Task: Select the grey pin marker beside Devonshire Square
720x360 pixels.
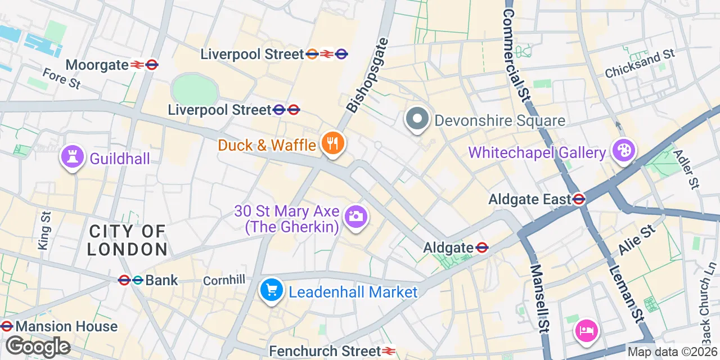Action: click(417, 119)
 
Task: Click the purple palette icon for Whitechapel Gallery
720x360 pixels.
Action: click(624, 151)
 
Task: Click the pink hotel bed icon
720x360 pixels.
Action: click(586, 329)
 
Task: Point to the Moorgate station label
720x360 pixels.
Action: click(97, 65)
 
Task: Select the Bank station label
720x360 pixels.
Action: click(161, 280)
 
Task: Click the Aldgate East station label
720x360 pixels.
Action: click(529, 199)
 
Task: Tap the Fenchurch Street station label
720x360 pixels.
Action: click(325, 351)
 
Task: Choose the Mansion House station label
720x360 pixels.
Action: click(66, 326)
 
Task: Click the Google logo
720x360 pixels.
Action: click(38, 347)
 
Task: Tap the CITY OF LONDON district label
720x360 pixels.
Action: click(128, 240)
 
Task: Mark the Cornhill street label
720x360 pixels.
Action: click(224, 280)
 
